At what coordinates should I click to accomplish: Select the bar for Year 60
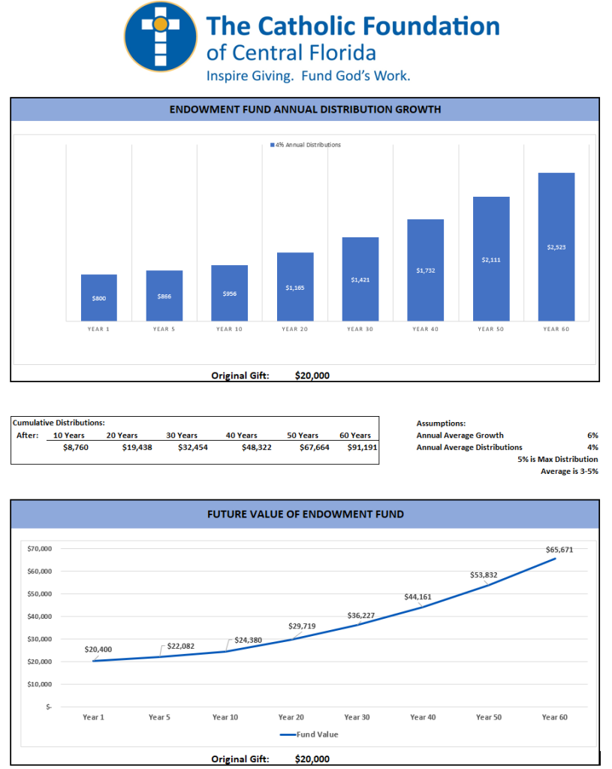point(556,246)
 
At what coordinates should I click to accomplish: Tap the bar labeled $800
point(99,298)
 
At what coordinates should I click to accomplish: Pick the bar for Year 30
point(360,279)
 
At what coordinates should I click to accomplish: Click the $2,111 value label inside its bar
point(490,260)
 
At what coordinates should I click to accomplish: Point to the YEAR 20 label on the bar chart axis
point(294,329)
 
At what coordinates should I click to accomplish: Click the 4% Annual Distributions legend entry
point(305,145)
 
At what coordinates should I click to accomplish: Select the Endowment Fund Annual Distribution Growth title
point(305,110)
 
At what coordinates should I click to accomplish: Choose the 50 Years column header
point(303,435)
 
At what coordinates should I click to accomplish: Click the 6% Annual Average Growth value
point(592,435)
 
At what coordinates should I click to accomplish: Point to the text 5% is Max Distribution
point(557,459)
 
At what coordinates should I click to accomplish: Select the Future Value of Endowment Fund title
point(305,514)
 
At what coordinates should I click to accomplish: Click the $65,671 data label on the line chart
point(559,550)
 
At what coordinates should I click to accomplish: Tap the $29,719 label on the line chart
point(302,626)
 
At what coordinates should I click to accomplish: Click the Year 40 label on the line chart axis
point(423,717)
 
